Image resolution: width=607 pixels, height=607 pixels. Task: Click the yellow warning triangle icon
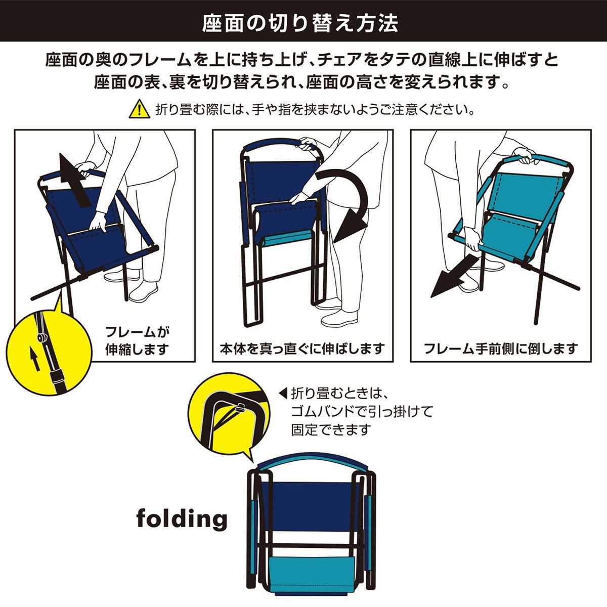(x=139, y=109)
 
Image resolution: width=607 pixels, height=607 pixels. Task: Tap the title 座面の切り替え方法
(x=299, y=23)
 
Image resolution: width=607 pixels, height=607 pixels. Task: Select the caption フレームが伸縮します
(x=137, y=340)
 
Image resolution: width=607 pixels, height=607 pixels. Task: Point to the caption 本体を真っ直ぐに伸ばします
(x=302, y=349)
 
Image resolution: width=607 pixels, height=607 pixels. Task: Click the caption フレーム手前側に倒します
(x=501, y=349)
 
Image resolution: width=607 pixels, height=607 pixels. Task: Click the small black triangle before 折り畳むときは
(x=283, y=393)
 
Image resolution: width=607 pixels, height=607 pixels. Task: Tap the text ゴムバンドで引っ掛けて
(x=362, y=411)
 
